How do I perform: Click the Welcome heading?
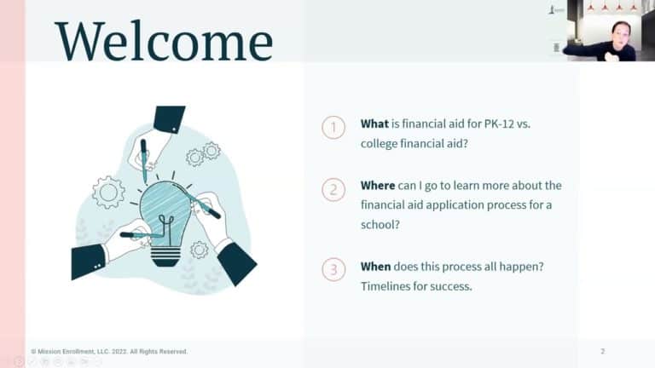coord(164,41)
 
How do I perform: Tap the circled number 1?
coord(333,127)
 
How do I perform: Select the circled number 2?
coord(333,189)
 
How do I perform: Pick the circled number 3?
coord(333,269)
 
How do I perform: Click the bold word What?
coord(374,124)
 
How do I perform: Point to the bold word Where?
coord(378,185)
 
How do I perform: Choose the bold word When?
coord(375,266)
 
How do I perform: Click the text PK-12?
coord(499,124)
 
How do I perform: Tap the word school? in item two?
coord(380,225)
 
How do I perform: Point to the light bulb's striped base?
coord(165,256)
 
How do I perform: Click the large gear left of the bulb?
coord(108,193)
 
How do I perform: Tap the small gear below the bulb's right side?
coord(200,250)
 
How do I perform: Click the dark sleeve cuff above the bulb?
coord(169,119)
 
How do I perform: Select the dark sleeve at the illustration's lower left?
coord(89,262)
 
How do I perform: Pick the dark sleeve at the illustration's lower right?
coord(237,264)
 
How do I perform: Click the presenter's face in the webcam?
coord(619,34)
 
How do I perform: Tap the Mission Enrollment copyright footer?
coord(109,352)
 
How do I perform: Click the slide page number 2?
coord(602,351)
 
